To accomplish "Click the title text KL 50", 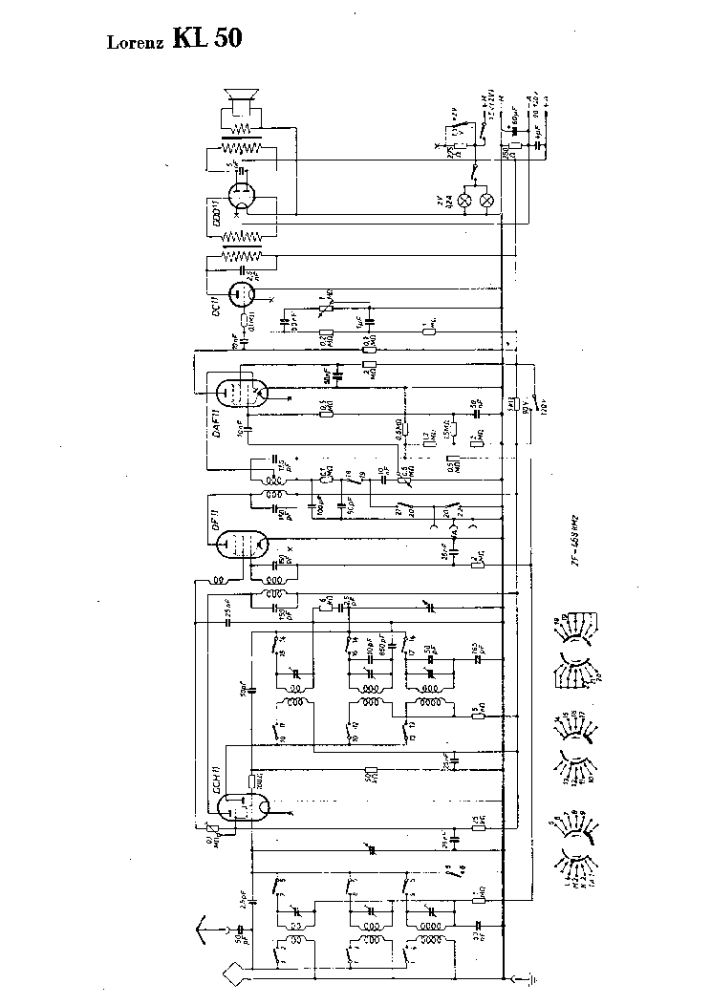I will [207, 37].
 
